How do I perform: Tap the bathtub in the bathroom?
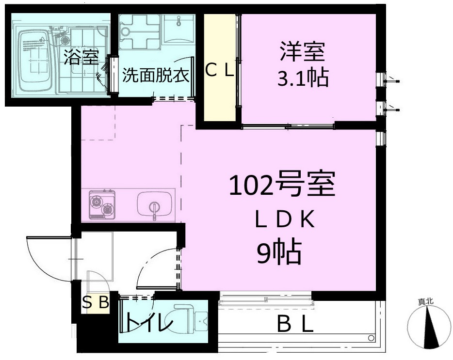(35, 62)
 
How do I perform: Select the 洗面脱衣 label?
(155, 76)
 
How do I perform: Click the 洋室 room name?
(302, 52)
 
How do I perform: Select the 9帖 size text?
(279, 251)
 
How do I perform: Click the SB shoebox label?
(95, 303)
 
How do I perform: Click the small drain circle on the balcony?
(371, 336)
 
